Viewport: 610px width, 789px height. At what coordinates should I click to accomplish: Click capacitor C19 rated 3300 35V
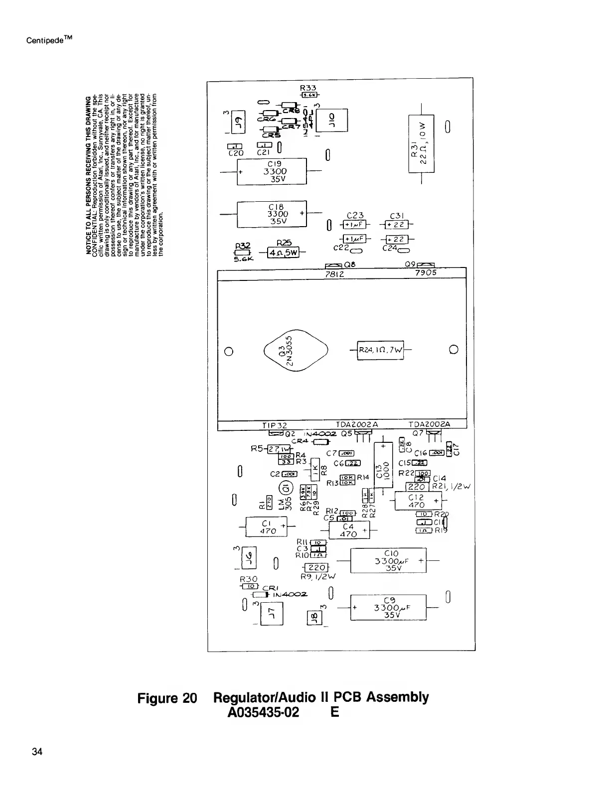(x=272, y=171)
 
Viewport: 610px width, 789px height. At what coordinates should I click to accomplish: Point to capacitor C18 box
(x=272, y=214)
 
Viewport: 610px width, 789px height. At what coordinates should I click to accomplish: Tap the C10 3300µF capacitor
(x=389, y=561)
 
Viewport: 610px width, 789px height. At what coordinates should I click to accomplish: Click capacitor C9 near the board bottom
(x=389, y=607)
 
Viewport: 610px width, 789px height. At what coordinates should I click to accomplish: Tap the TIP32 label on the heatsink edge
(x=274, y=425)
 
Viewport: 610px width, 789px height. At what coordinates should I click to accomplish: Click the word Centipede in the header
(x=45, y=39)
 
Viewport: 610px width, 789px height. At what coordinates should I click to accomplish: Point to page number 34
(x=37, y=752)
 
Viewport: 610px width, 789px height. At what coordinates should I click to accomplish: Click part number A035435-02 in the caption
(x=263, y=712)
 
